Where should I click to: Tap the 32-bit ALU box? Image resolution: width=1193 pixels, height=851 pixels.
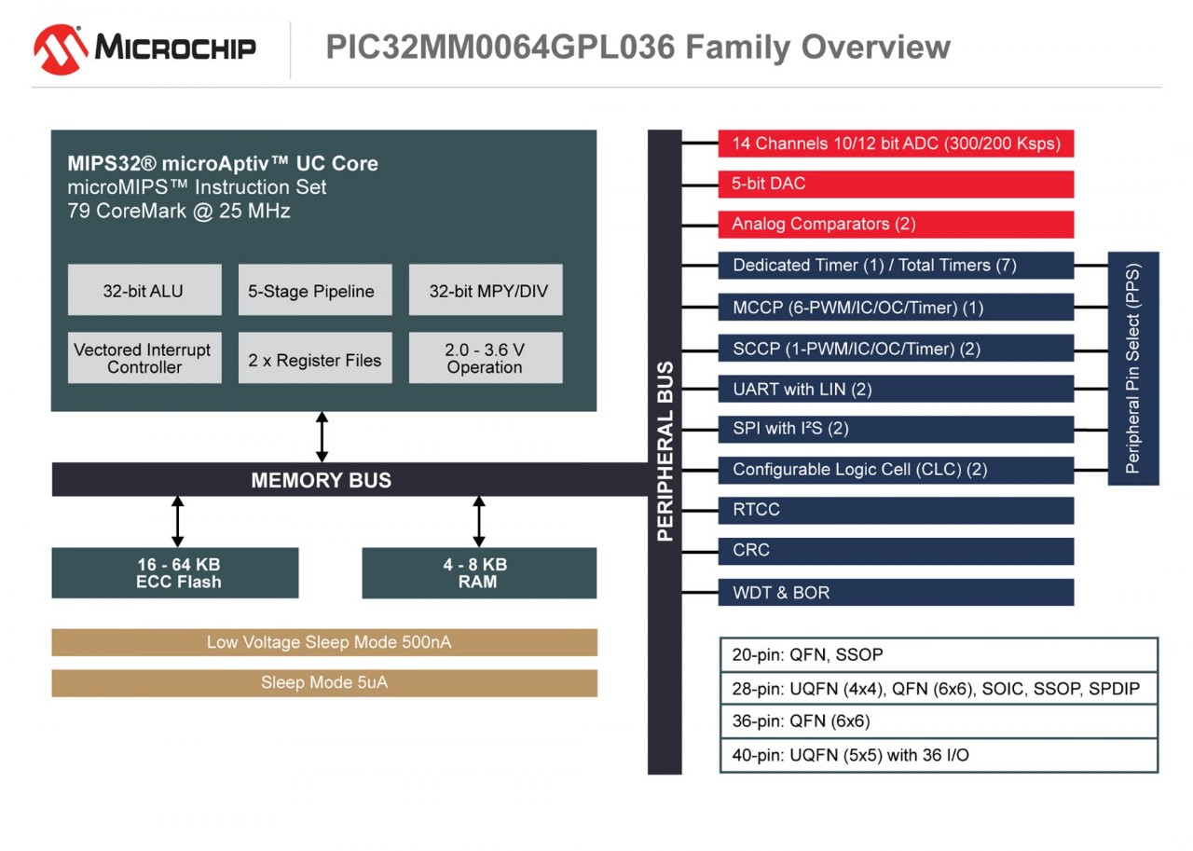tap(144, 291)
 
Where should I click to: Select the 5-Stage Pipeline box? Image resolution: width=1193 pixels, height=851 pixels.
tap(315, 291)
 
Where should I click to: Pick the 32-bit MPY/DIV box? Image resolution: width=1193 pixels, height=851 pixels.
tap(486, 291)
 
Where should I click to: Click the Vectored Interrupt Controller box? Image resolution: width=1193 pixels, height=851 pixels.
tap(144, 358)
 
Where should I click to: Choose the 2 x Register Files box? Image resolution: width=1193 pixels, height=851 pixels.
tap(315, 359)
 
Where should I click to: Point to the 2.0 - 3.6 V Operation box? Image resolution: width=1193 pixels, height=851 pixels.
tap(486, 358)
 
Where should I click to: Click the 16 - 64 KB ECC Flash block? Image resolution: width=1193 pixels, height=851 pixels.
tap(175, 573)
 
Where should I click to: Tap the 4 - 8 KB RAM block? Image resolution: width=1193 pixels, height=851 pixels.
tap(479, 573)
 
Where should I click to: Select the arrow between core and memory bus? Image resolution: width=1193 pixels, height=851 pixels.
tap(322, 436)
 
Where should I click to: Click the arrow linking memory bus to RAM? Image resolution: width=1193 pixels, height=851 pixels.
tap(479, 522)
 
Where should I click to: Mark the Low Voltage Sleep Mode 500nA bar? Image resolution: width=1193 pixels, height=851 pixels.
tap(324, 642)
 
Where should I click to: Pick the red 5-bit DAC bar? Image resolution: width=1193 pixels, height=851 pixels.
tap(896, 184)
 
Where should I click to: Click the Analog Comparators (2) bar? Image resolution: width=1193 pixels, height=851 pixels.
tap(896, 224)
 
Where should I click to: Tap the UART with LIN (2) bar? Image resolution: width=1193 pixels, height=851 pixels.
tap(896, 389)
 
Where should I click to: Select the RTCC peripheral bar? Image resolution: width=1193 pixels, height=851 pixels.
tap(896, 510)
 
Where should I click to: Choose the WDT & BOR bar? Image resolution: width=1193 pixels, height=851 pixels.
tap(896, 592)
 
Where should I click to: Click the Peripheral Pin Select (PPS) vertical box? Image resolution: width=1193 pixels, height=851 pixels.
tap(1132, 368)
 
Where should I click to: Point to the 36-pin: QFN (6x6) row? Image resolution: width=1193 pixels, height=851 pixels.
tap(939, 721)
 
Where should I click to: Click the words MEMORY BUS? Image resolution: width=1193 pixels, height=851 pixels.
tap(322, 480)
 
